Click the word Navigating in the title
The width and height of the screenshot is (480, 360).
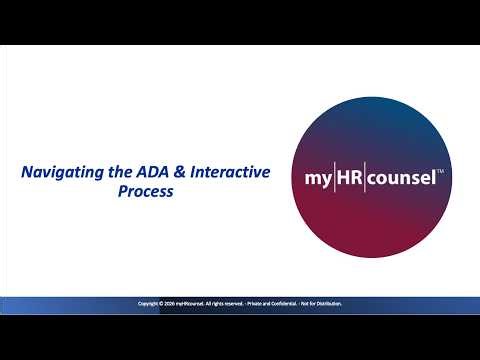(55, 173)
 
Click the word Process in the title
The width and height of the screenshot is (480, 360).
(145, 193)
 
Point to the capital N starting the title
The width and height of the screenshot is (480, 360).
(26, 173)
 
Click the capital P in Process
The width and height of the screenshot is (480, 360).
(120, 193)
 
